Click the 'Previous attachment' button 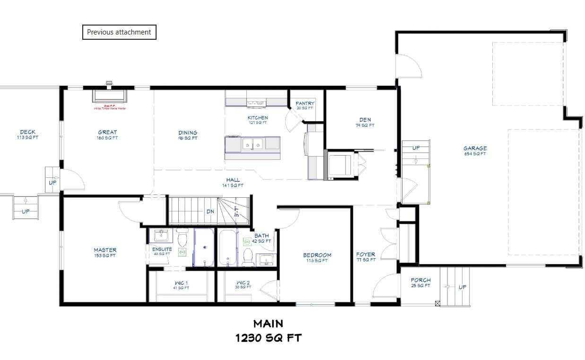119,32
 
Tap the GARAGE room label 475,149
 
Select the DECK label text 27,132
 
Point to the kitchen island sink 252,144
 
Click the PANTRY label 305,104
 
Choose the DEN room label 365,120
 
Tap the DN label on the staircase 210,211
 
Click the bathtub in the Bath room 227,247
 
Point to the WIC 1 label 181,283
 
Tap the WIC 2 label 243,283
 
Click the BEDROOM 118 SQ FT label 317,257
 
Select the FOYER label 366,255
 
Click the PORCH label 420,281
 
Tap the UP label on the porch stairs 462,287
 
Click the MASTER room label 105,250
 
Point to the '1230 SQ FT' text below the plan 268,338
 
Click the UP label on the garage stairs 416,148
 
